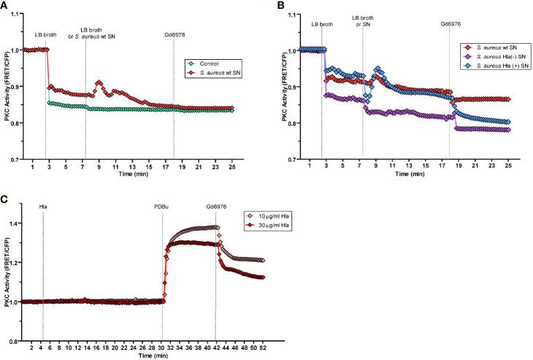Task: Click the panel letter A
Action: pos(5,6)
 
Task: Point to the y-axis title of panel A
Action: pos(7,96)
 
